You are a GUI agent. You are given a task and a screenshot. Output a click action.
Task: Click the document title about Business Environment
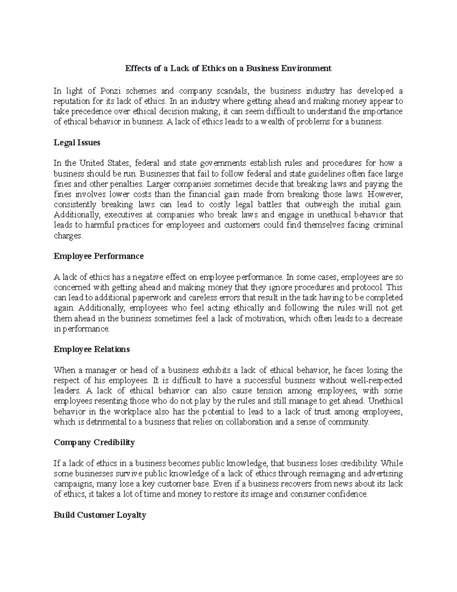[228, 69]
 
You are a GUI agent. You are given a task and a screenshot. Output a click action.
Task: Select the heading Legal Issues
[77, 143]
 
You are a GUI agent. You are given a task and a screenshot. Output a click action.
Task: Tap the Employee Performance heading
[99, 256]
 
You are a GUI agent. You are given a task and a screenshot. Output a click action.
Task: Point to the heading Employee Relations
[92, 349]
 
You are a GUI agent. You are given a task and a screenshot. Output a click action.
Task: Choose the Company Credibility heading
[94, 442]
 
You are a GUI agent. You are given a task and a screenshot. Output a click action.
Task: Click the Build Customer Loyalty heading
[100, 515]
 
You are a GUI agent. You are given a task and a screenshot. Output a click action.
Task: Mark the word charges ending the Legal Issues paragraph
[68, 236]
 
